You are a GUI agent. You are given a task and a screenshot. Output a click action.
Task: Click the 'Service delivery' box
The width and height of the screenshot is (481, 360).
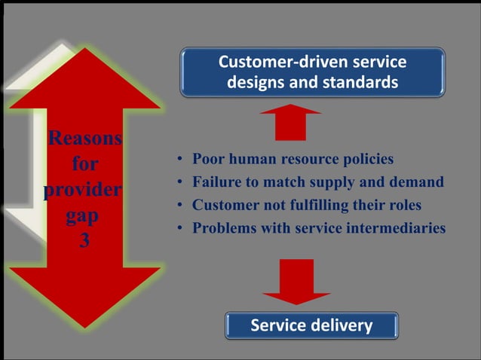coord(311,325)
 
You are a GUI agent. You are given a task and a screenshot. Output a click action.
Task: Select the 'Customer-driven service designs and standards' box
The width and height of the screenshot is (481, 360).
coord(312,72)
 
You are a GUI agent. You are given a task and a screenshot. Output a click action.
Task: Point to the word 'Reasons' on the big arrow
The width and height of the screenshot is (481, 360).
coord(84,139)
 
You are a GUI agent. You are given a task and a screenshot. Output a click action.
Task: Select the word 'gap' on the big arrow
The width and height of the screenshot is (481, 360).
coord(83,215)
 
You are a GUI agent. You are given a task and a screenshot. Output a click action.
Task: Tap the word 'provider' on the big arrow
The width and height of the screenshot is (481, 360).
coord(83,189)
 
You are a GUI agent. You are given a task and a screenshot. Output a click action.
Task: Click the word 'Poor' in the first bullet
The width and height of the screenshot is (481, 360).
coord(208,160)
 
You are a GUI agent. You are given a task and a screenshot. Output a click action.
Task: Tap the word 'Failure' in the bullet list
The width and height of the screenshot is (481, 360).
coord(218,182)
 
